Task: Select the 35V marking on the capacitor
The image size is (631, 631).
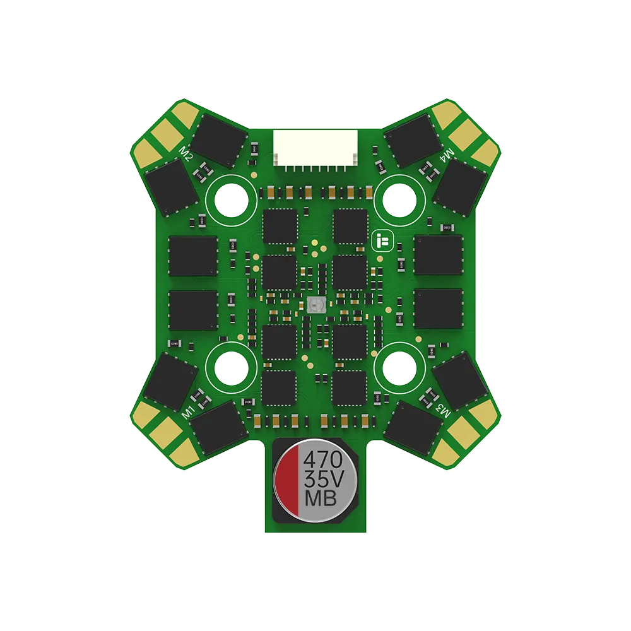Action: [322, 478]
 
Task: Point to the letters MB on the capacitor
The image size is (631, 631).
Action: [322, 498]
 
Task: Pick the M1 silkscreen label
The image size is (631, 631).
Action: [187, 412]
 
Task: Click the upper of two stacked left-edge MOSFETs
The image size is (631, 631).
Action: [193, 256]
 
